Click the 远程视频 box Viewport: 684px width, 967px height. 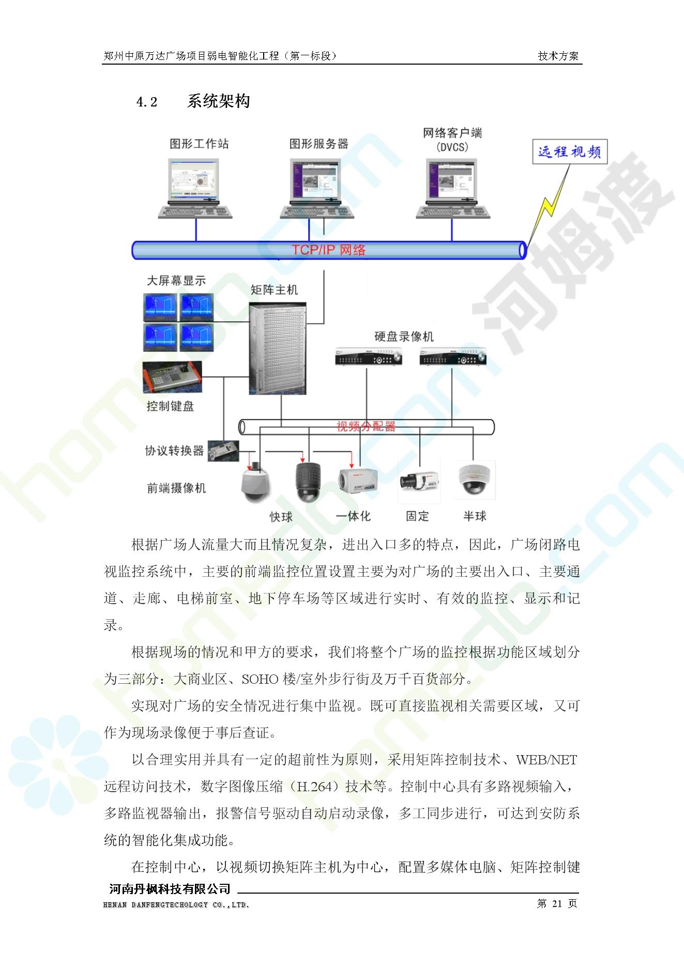click(x=570, y=152)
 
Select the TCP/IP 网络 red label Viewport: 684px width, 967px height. click(x=329, y=250)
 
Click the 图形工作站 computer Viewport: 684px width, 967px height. click(x=195, y=188)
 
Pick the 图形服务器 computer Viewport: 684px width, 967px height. click(x=317, y=188)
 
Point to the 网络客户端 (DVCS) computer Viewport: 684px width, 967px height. click(x=453, y=188)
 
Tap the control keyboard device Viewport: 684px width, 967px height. click(x=172, y=377)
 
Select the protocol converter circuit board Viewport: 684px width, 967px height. click(x=224, y=451)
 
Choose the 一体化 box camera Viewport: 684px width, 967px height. click(x=358, y=481)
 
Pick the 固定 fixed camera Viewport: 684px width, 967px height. click(x=419, y=481)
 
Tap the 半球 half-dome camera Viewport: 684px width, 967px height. click(x=475, y=480)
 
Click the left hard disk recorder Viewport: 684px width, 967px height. click(x=368, y=357)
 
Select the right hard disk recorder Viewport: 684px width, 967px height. click(x=453, y=357)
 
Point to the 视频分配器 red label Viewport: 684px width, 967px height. click(x=366, y=427)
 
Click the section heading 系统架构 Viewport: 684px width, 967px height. click(x=219, y=101)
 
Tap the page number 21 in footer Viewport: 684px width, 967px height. click(x=557, y=903)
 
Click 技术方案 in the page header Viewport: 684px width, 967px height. click(x=558, y=56)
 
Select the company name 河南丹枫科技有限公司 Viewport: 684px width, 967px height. click(x=170, y=889)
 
